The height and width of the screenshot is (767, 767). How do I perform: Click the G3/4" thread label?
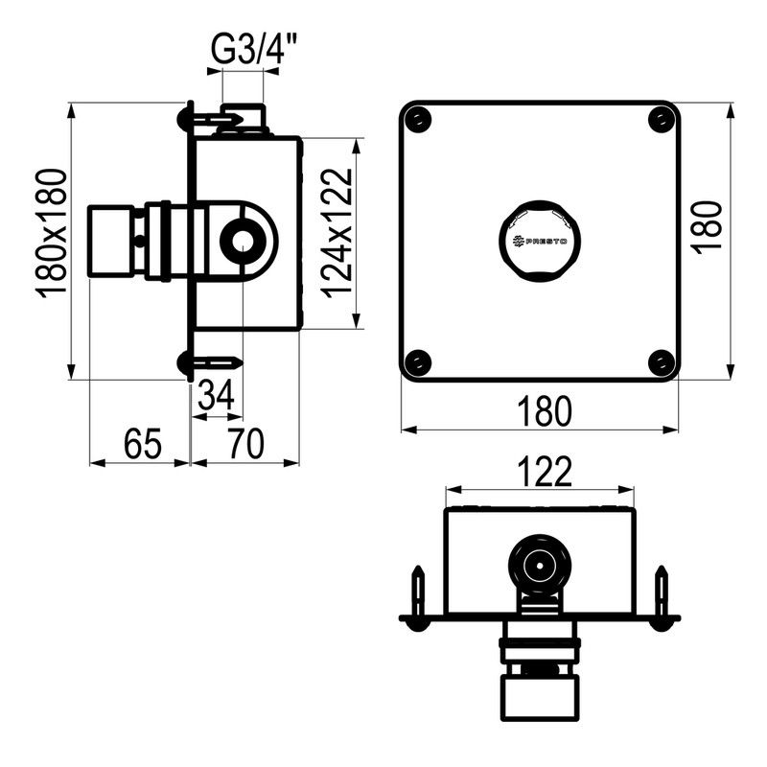click(247, 50)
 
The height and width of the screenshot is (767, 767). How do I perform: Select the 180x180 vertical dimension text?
click(52, 234)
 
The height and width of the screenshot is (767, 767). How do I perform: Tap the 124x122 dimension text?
click(337, 233)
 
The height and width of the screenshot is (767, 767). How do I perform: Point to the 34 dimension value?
click(216, 395)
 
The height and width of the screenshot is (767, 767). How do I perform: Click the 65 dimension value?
click(142, 444)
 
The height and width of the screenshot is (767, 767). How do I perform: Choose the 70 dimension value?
click(246, 444)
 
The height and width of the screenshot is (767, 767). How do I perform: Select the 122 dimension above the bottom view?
click(545, 472)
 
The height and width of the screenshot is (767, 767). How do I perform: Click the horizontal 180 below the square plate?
click(544, 411)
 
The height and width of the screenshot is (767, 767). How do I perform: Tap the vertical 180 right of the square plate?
click(708, 227)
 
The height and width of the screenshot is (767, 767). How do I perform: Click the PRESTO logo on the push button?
click(539, 242)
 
